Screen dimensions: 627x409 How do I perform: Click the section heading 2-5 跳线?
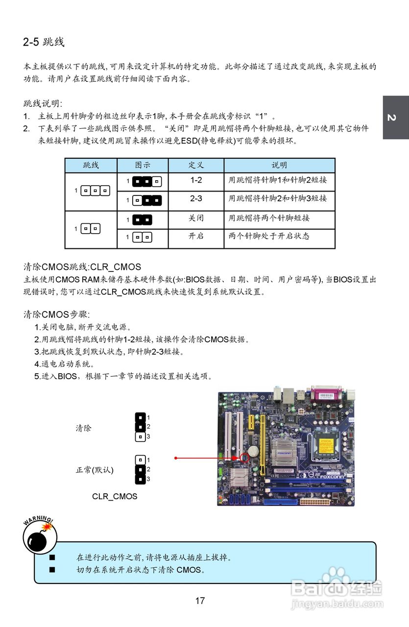(x=44, y=42)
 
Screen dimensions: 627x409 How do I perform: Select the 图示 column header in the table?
(x=143, y=165)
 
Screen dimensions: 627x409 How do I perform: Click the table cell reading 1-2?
(x=196, y=180)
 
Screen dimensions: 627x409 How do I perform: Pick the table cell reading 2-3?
(x=196, y=198)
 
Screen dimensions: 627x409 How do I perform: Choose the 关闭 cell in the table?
(x=196, y=217)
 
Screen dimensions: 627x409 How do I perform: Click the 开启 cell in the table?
(x=196, y=236)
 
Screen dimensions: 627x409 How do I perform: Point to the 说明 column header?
(x=279, y=165)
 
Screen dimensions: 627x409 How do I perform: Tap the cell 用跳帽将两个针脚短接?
(x=269, y=217)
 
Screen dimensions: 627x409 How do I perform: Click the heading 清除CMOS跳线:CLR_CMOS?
(x=82, y=267)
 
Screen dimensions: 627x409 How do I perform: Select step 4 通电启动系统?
(x=64, y=364)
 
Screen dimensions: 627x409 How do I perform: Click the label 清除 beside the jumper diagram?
(x=83, y=428)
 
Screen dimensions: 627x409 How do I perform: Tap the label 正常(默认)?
(x=95, y=470)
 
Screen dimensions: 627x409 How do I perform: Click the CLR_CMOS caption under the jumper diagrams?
(x=115, y=496)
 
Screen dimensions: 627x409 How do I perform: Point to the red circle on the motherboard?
(x=244, y=458)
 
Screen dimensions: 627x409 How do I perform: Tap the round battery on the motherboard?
(x=253, y=449)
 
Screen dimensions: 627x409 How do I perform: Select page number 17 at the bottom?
(x=200, y=601)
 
